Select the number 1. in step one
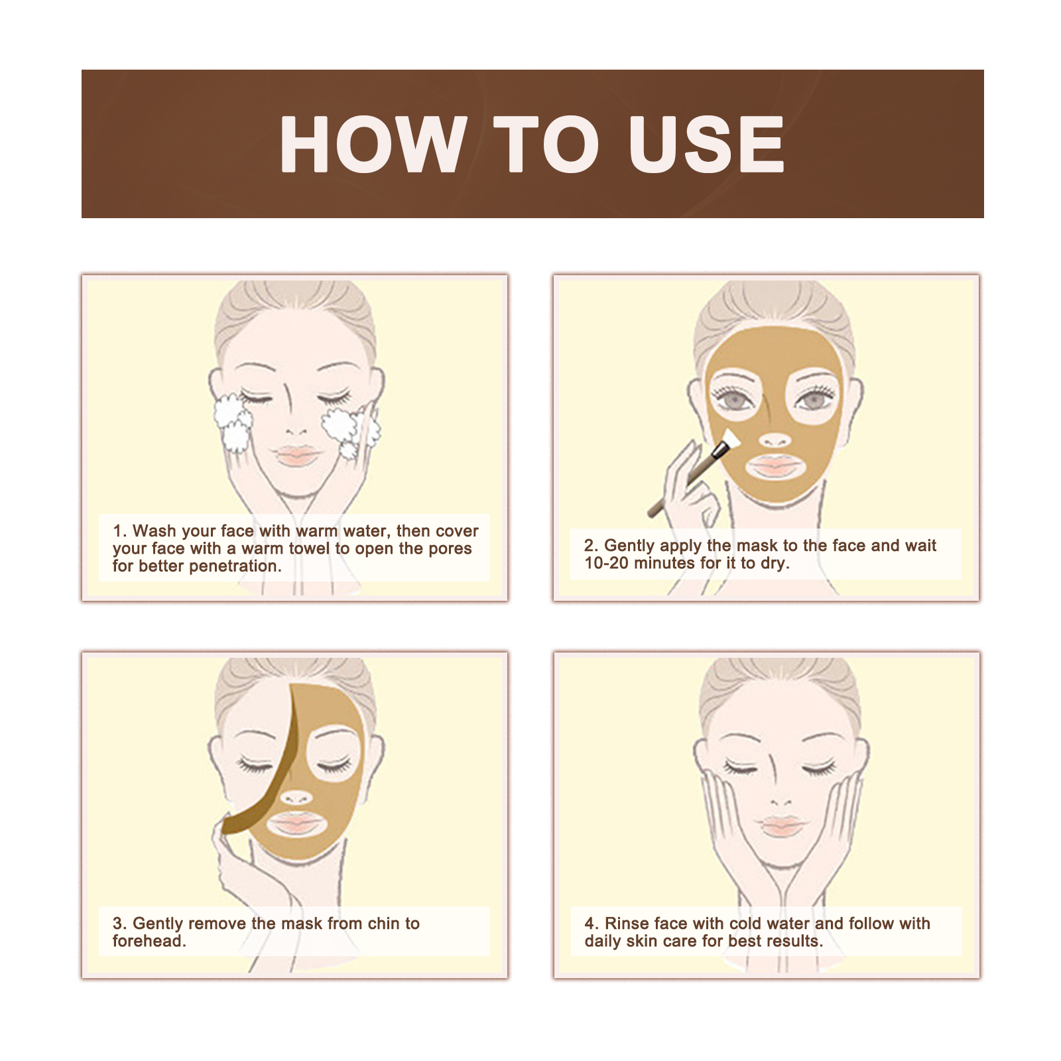(119, 531)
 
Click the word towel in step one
(305, 549)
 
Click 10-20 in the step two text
(606, 564)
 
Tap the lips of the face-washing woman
(296, 456)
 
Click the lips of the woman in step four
(782, 826)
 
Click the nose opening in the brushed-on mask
(775, 440)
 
